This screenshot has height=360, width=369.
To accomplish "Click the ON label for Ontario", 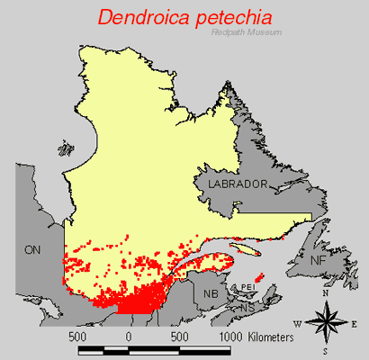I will click(33, 249).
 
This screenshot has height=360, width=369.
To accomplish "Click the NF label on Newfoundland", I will click(318, 260).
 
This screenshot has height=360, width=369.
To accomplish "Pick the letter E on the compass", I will click(355, 323).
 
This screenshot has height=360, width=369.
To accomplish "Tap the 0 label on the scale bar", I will click(129, 336).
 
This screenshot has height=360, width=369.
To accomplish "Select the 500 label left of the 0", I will click(77, 336).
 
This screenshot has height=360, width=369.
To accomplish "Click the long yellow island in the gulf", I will click(245, 248).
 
